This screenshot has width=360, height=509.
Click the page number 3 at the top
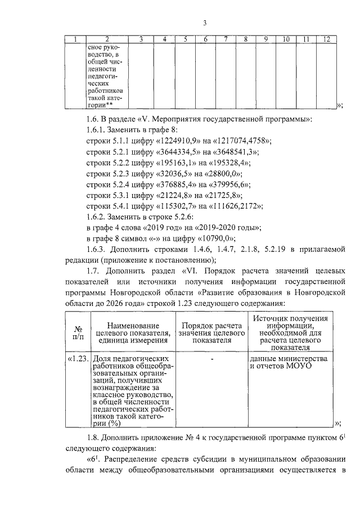[205, 23]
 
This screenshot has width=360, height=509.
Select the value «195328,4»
[230, 162]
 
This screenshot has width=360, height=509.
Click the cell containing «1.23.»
[78, 358]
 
